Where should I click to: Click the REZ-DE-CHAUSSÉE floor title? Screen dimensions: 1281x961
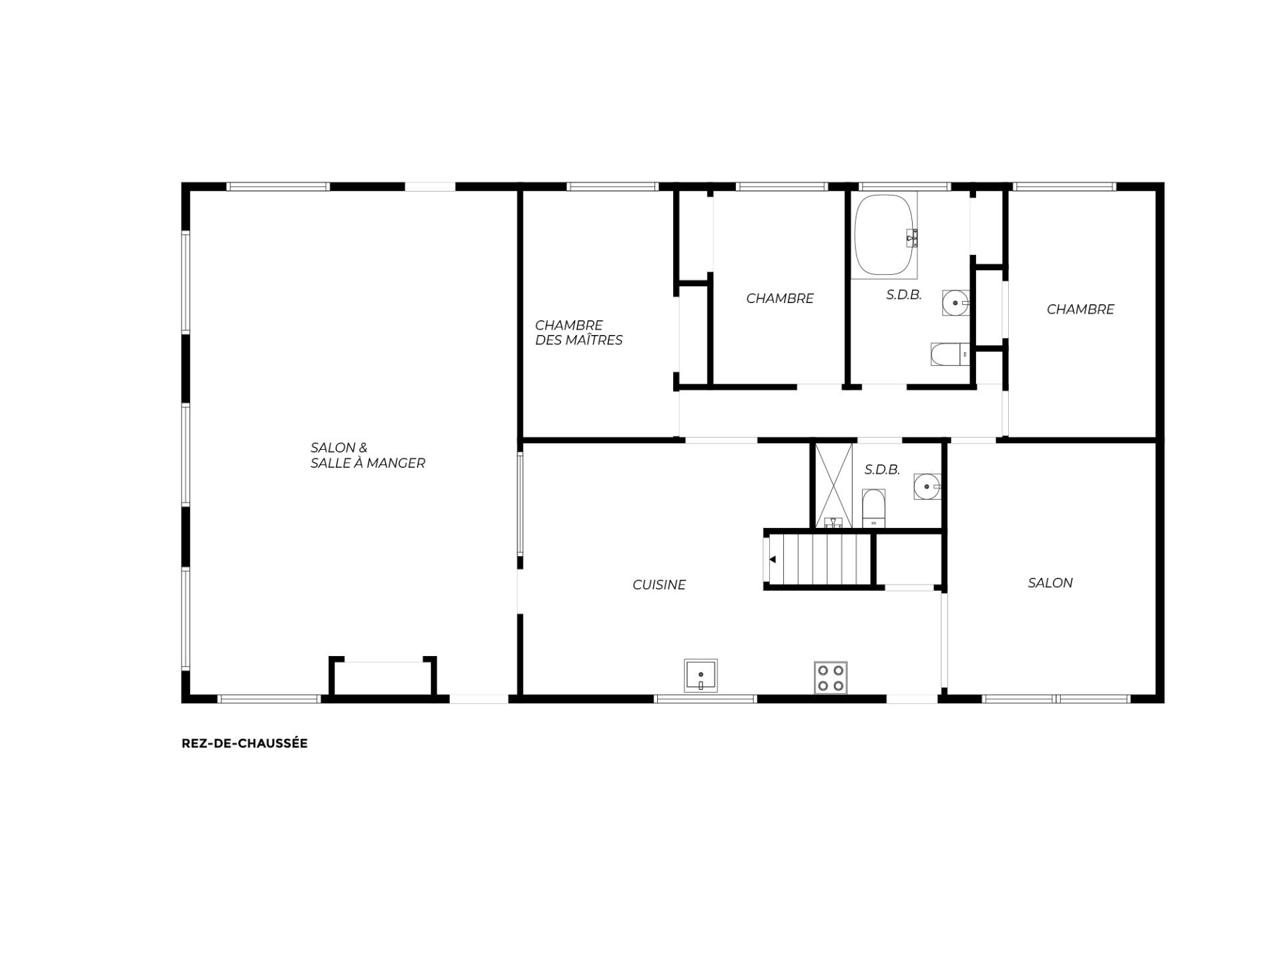[244, 743]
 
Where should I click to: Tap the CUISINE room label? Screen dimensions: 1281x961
[659, 585]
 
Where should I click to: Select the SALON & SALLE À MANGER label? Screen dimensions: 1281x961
[368, 455]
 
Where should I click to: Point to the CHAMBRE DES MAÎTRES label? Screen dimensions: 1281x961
[578, 332]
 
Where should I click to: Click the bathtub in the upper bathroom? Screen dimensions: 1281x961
[885, 235]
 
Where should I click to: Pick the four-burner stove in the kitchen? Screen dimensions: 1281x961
[831, 677]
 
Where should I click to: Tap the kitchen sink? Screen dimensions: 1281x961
[701, 675]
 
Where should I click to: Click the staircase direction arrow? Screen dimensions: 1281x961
[773, 559]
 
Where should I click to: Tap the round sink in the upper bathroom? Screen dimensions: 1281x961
[955, 303]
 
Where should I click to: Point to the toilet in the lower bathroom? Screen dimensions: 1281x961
[873, 509]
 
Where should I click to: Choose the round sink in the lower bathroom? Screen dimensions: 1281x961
[927, 487]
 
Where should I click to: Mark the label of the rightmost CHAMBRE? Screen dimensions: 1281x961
[1080, 309]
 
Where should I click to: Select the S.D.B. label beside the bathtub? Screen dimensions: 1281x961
[904, 294]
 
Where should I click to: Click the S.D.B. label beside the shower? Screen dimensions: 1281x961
[882, 470]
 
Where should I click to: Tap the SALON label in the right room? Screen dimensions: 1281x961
[1050, 583]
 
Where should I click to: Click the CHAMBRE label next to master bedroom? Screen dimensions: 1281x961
[780, 298]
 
